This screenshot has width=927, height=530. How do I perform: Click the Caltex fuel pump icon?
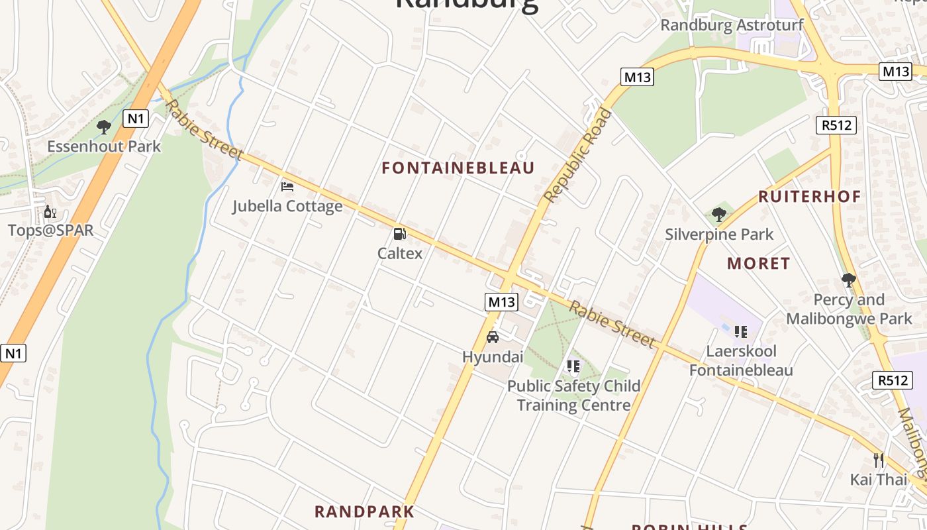coord(399,233)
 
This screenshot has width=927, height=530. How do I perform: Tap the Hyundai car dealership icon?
coord(493,337)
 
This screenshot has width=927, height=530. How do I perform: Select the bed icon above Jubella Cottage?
coord(287,187)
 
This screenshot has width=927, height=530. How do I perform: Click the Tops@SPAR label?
coord(50,231)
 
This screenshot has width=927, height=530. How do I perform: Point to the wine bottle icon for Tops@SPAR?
coord(50,212)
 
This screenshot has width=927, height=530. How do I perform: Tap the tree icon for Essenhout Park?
coord(103,127)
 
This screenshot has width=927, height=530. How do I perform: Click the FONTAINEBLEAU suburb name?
coord(458,168)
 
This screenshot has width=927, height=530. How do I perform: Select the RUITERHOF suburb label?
coord(809,196)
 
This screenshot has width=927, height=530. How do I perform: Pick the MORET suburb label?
coord(758,264)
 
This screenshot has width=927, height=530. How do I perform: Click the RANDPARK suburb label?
coord(364,511)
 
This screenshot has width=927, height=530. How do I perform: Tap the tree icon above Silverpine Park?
coord(719,215)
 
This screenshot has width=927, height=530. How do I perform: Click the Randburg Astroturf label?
coord(732,25)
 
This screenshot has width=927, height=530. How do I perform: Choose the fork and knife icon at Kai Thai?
coord(879,460)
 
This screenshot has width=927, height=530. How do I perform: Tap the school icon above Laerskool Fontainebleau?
coord(740,331)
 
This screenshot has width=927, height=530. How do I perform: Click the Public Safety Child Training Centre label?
coord(573,396)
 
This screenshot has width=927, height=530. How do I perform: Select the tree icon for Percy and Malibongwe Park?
coord(848,280)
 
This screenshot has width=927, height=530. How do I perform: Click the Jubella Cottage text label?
coord(287,206)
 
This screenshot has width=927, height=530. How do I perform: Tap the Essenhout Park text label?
coord(104,146)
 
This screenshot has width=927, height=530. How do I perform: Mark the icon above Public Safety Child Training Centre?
coord(573,366)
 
